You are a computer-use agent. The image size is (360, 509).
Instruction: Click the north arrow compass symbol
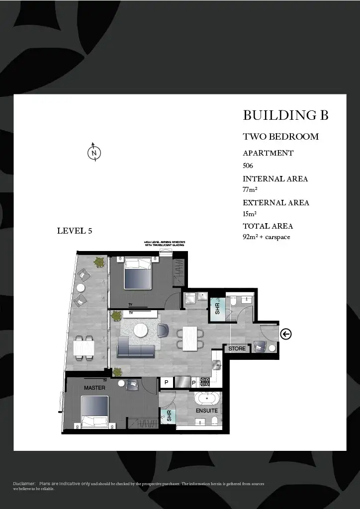click(x=94, y=153)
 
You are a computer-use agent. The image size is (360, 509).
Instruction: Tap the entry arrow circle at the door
click(x=286, y=334)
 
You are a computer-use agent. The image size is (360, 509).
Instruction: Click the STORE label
click(x=237, y=349)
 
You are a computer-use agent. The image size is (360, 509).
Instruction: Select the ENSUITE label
click(x=206, y=411)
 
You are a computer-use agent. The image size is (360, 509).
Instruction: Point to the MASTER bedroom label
click(x=94, y=387)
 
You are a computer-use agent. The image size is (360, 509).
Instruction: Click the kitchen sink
click(x=216, y=366)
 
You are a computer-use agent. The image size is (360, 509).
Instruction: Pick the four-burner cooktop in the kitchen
click(x=205, y=382)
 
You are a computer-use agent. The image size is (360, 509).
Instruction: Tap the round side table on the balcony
click(x=81, y=287)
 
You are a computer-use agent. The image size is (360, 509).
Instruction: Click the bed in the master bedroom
click(x=95, y=412)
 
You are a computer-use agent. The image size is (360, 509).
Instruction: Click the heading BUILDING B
click(x=285, y=115)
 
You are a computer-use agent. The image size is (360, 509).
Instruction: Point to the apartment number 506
click(x=248, y=166)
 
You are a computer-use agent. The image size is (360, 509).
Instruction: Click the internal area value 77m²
click(x=250, y=189)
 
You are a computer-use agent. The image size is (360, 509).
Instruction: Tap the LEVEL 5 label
click(x=75, y=231)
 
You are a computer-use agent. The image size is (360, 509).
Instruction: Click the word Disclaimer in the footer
click(x=24, y=484)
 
